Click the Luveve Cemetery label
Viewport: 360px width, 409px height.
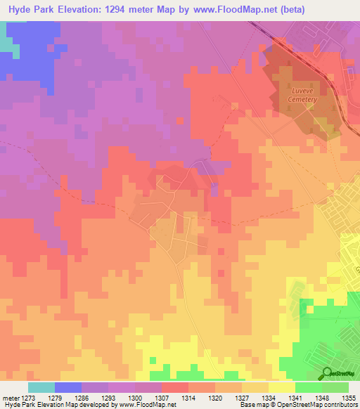pyautogui.click(x=302, y=95)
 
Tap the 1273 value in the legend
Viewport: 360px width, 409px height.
pyautogui.click(x=28, y=398)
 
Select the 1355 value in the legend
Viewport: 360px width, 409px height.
pyautogui.click(x=348, y=398)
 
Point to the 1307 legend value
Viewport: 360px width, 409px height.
pyautogui.click(x=162, y=398)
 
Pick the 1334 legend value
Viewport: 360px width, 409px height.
pyautogui.click(x=269, y=398)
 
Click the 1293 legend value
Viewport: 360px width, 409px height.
pyautogui.click(x=108, y=398)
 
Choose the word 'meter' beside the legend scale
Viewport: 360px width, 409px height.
pyautogui.click(x=11, y=398)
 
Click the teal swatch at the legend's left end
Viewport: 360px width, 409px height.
pyautogui.click(x=41, y=387)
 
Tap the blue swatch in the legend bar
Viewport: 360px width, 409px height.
pyautogui.click(x=68, y=387)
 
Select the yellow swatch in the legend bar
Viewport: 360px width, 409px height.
pyautogui.click(x=281, y=387)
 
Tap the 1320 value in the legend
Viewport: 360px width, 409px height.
pyautogui.click(x=215, y=398)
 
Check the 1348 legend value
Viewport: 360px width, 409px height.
pyautogui.click(x=322, y=398)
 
